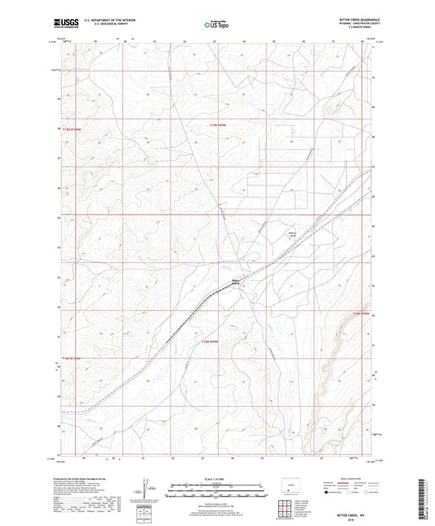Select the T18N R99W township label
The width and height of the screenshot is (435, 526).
pyautogui.click(x=211, y=341)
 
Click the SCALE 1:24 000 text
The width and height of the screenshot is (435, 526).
pyautogui.click(x=216, y=479)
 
